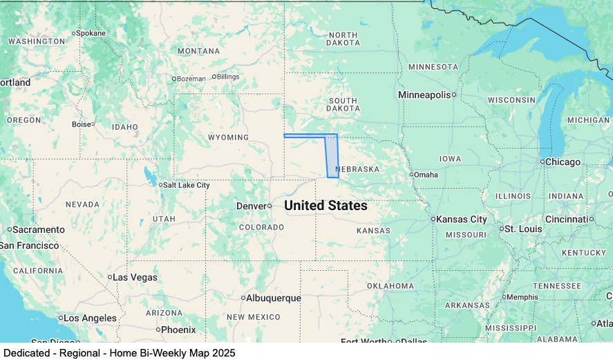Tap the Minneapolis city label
tap(424, 95)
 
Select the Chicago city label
tap(563, 162)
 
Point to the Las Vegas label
tap(135, 277)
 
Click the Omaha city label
tap(426, 175)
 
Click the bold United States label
tap(326, 206)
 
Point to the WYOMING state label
tap(228, 138)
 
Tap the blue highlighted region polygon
tap(332, 158)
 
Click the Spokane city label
tap(91, 33)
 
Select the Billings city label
tap(228, 77)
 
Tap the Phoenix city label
tap(178, 330)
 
